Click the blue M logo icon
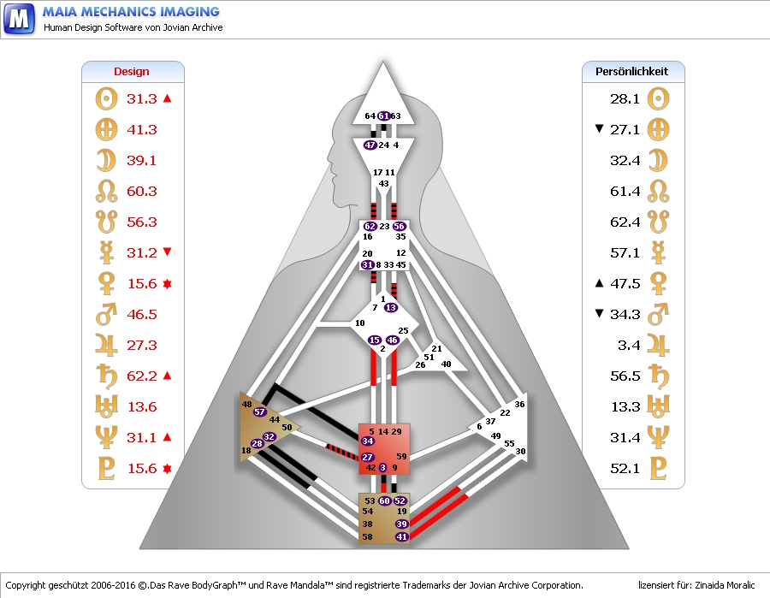(x=19, y=18)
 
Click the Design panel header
(x=132, y=72)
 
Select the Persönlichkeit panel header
(x=632, y=72)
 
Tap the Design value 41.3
(x=142, y=130)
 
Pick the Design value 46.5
(x=142, y=315)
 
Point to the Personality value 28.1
(x=625, y=99)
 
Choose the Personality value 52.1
(x=625, y=469)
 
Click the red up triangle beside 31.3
(x=168, y=99)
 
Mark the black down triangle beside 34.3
(x=599, y=315)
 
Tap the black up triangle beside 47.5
(x=599, y=284)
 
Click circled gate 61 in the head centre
(x=384, y=115)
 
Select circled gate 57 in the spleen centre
(x=260, y=411)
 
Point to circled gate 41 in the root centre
(x=402, y=536)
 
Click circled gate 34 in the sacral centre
(x=368, y=441)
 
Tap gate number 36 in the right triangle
(x=519, y=404)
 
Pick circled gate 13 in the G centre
(x=391, y=307)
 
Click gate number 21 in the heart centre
(x=436, y=349)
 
